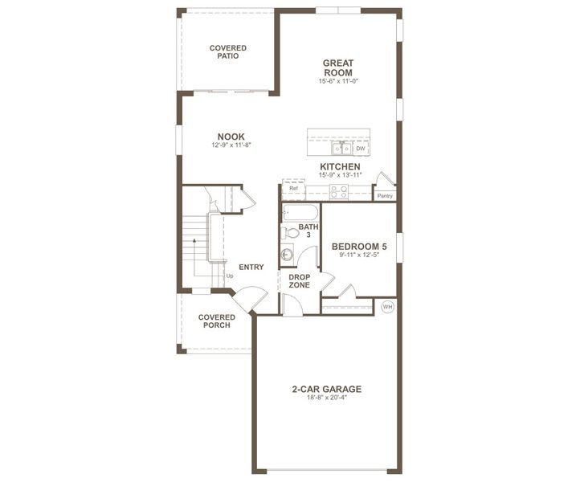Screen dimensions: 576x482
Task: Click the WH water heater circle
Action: (x=387, y=307)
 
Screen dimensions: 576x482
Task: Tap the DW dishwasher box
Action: (x=361, y=149)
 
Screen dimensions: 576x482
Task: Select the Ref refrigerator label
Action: (x=293, y=188)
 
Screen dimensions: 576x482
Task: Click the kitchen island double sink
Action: (x=341, y=148)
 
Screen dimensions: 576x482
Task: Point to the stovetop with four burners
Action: (x=339, y=192)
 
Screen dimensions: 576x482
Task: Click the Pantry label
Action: (x=385, y=196)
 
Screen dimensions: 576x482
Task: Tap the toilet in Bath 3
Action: (x=290, y=232)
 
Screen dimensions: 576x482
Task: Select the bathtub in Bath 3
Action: (x=300, y=213)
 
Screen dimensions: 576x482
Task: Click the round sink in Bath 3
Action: (x=287, y=254)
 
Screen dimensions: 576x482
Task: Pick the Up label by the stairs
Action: (x=230, y=276)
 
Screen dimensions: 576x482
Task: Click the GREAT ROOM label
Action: (x=338, y=68)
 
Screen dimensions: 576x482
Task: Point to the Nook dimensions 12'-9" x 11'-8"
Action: (x=231, y=145)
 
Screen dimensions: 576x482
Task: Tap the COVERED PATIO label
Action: (x=228, y=51)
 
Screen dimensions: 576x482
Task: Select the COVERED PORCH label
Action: (x=217, y=321)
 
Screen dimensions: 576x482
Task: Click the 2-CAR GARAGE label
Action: (x=327, y=389)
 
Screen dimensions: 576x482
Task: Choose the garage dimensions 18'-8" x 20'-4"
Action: (x=327, y=398)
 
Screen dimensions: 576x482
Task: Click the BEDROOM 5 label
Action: (x=359, y=247)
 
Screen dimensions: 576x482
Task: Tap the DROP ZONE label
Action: (x=299, y=281)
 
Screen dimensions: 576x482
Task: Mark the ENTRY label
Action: (x=251, y=267)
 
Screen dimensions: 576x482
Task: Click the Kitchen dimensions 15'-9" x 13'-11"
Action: (x=341, y=175)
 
